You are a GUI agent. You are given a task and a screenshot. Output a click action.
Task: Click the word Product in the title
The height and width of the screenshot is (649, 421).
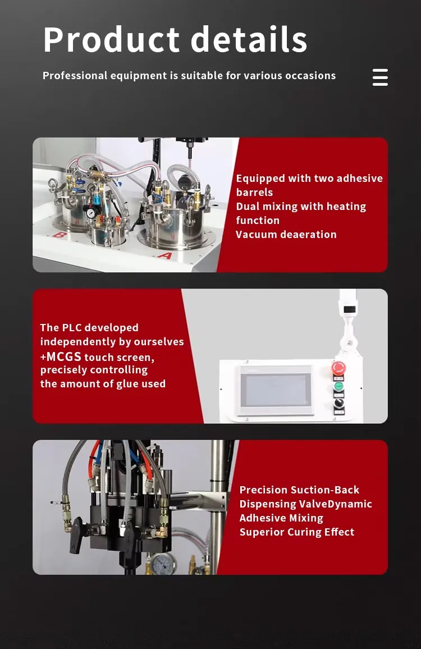pos(111,40)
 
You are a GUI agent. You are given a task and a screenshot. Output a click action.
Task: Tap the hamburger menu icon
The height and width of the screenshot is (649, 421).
pos(380,77)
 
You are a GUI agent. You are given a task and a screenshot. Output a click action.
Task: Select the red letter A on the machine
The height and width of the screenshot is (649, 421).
pos(165,255)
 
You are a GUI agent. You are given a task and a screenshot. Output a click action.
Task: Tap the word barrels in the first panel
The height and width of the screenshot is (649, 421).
pos(255,193)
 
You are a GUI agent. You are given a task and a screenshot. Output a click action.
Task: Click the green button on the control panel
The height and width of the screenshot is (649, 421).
pos(338,387)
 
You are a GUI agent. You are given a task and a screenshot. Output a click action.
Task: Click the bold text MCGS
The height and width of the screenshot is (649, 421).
pos(64,357)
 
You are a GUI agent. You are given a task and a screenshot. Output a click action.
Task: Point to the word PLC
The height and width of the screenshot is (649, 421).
pos(71,327)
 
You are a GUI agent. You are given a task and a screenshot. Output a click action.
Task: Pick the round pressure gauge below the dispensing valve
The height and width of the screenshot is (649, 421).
pos(163,564)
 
